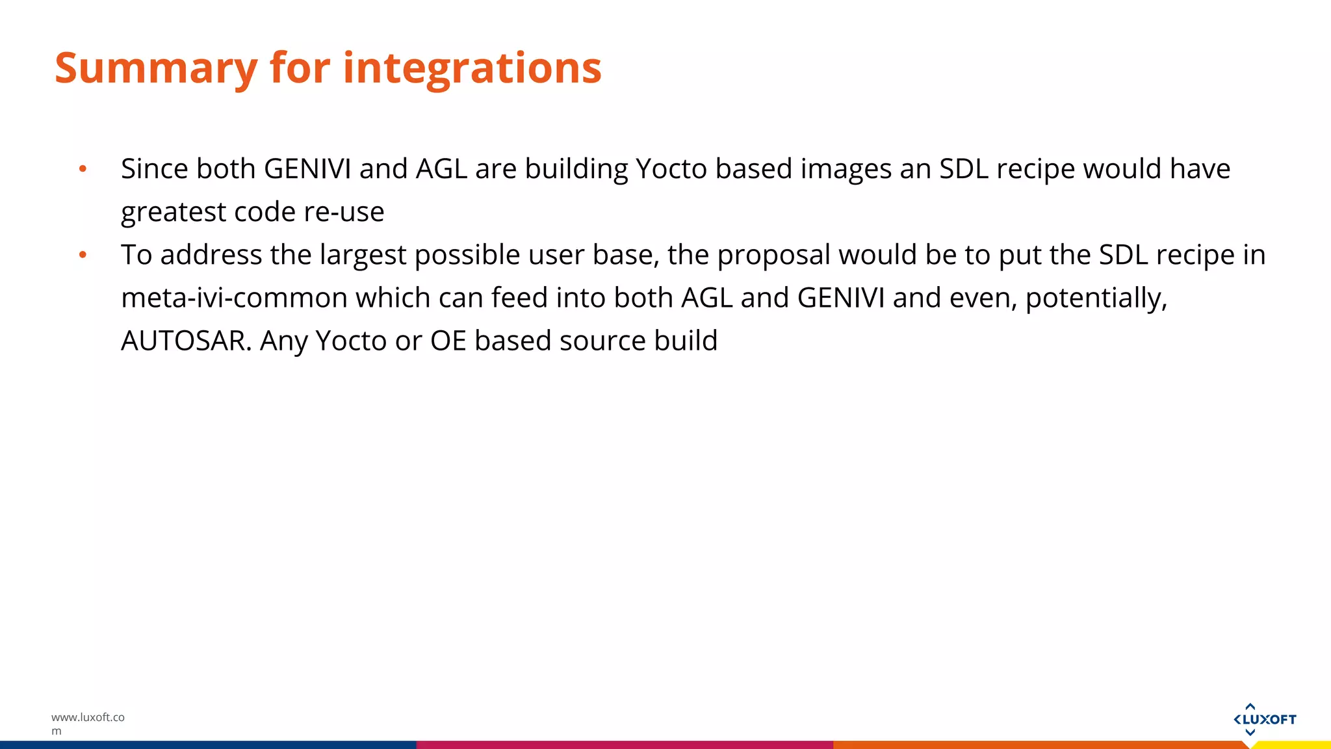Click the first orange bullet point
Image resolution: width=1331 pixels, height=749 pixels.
coord(83,169)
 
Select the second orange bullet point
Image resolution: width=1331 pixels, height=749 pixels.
coord(83,255)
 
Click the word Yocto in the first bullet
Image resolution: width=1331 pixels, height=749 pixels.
coord(671,169)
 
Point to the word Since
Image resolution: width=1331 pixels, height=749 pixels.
coord(154,169)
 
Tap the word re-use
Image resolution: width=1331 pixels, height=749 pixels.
coord(344,212)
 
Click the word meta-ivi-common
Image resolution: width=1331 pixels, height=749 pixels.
coord(234,298)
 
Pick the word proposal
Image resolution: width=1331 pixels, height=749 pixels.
coord(773,255)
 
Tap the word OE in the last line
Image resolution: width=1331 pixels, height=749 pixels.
coord(448,341)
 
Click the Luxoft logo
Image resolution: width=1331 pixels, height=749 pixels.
coord(1264,719)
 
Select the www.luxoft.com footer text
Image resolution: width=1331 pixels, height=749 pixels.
coord(87,723)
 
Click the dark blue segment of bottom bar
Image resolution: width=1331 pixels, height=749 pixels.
coord(208,744)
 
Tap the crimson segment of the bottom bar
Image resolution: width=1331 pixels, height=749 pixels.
coord(624,744)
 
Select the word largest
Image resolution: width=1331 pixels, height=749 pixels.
coord(363,255)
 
